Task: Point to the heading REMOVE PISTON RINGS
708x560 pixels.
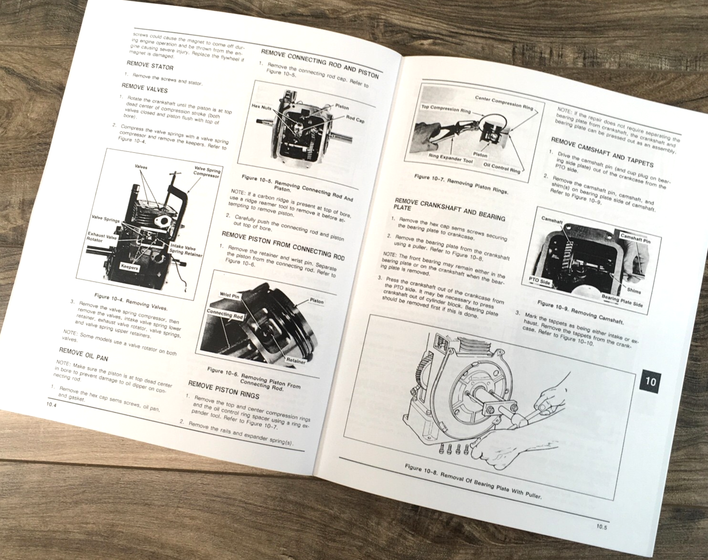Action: pos(223,388)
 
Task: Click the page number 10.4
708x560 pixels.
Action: pos(50,404)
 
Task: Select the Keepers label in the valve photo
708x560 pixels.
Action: pos(129,267)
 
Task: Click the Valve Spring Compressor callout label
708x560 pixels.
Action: pos(206,172)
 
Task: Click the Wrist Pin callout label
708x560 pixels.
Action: pos(229,296)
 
